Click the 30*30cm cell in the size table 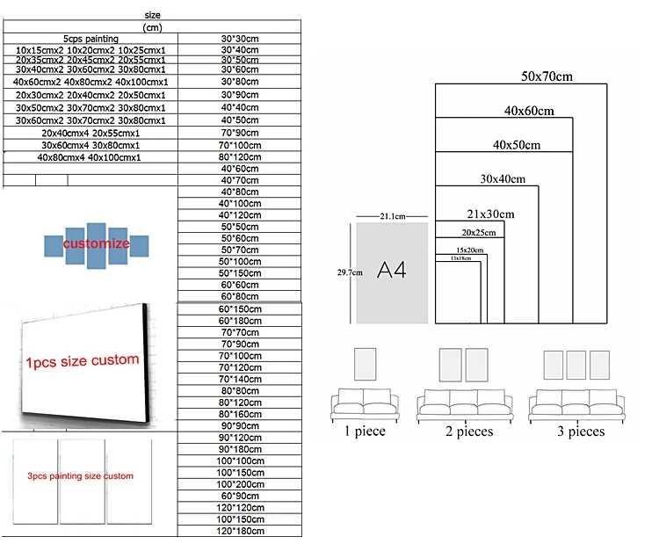click(x=239, y=39)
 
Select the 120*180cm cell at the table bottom click(x=239, y=530)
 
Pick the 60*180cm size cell click(x=239, y=321)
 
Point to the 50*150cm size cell click(x=239, y=272)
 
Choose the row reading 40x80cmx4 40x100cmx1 click(x=89, y=157)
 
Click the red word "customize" click(x=97, y=243)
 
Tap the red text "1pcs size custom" click(x=83, y=360)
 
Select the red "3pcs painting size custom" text click(x=80, y=476)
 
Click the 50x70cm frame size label click(x=547, y=76)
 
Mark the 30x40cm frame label click(x=502, y=179)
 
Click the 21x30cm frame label click(x=490, y=214)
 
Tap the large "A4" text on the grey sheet click(x=391, y=270)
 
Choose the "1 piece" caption click(x=364, y=432)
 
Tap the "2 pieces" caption click(x=465, y=432)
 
